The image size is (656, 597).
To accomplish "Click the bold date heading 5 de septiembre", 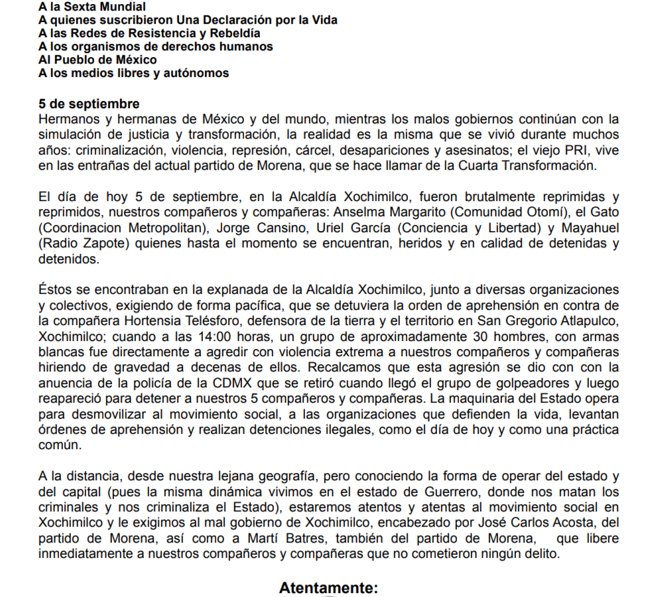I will pyautogui.click(x=89, y=104).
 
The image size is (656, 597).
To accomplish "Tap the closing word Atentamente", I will pyautogui.click(x=328, y=588).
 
